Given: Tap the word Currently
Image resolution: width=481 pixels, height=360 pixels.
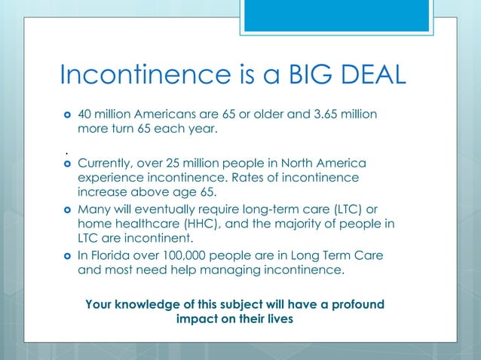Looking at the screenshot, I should click(x=104, y=163).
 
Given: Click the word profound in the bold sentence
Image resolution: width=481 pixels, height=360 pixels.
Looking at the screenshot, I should click(x=356, y=304).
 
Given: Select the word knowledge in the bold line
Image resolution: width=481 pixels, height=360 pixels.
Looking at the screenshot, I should click(x=151, y=304).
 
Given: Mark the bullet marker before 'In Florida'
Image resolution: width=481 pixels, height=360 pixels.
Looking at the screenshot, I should click(x=66, y=256).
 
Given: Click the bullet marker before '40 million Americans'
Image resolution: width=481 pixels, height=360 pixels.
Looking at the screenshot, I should click(x=66, y=114).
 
